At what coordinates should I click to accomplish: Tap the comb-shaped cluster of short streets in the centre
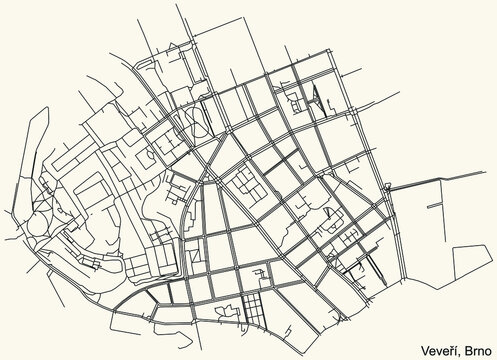click(246, 186)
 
